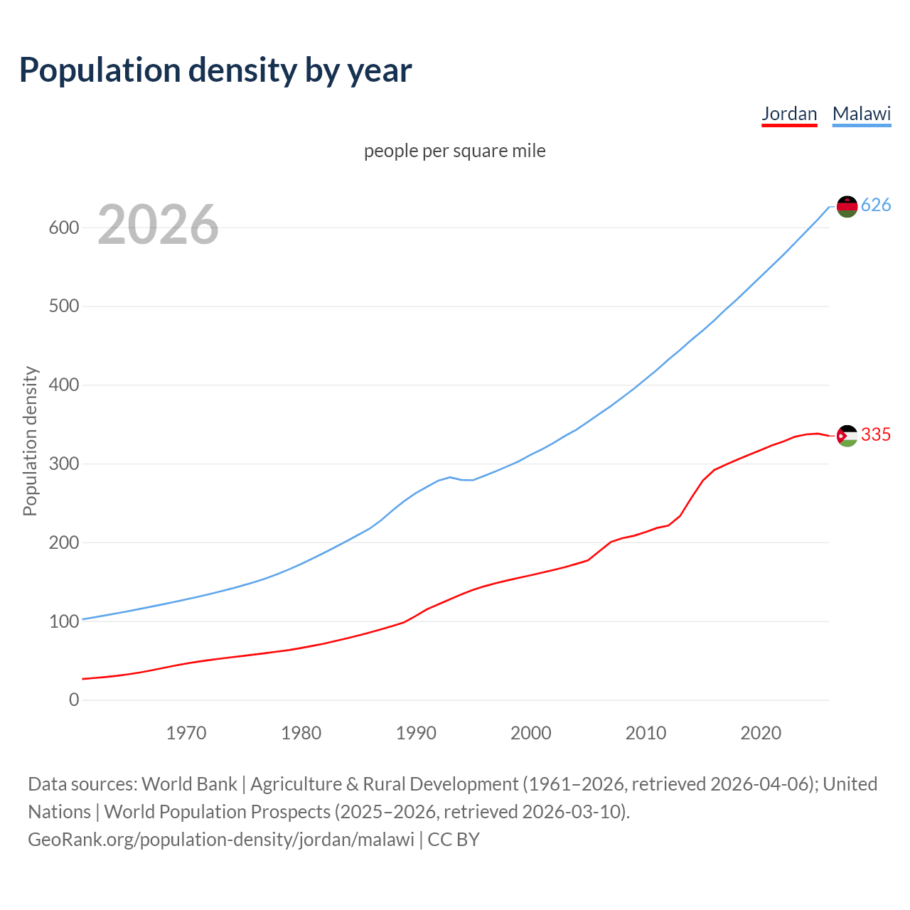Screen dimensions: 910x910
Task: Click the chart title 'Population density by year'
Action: click(x=215, y=70)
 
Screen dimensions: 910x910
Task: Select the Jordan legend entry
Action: click(x=789, y=114)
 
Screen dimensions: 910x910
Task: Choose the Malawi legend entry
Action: click(x=861, y=114)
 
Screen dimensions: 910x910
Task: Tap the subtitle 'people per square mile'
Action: click(x=454, y=151)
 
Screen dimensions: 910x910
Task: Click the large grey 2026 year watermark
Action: click(x=158, y=225)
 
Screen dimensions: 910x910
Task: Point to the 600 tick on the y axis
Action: click(x=63, y=228)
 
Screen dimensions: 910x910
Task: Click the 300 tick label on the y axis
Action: click(x=63, y=464)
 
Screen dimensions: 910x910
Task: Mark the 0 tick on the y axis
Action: click(x=74, y=700)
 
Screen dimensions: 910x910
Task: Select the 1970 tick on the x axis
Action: click(x=186, y=733)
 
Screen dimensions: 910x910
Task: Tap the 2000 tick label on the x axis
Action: click(x=530, y=733)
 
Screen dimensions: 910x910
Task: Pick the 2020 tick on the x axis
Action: click(x=761, y=733)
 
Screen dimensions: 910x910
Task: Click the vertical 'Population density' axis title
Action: click(x=30, y=441)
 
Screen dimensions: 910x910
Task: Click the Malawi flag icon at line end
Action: click(x=847, y=206)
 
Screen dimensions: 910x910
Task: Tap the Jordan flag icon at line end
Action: click(x=847, y=435)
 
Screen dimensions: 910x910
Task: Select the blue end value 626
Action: click(x=876, y=205)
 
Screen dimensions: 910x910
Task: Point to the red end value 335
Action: click(x=876, y=434)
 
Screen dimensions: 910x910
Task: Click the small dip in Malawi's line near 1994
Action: click(x=466, y=480)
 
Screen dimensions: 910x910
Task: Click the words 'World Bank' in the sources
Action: click(x=189, y=784)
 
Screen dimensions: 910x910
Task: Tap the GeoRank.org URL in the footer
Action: click(x=220, y=840)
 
